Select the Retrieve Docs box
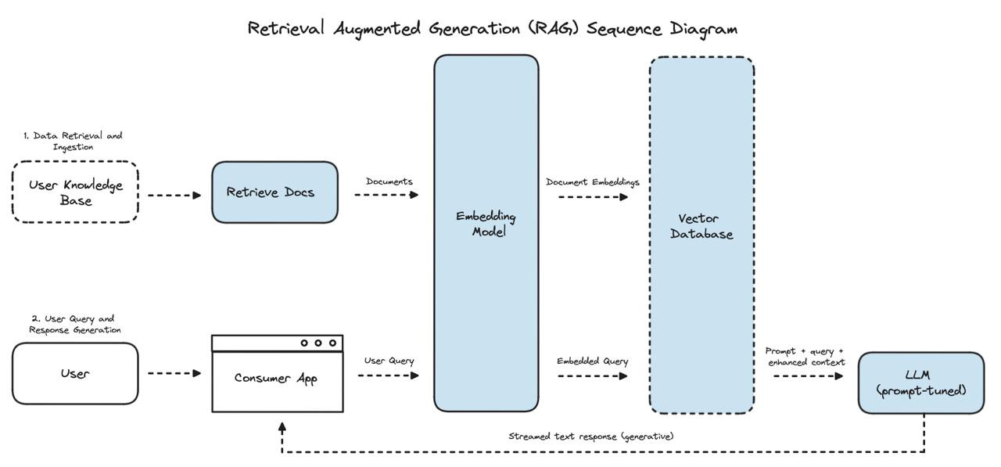click(274, 192)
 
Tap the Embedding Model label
click(486, 224)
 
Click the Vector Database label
click(701, 226)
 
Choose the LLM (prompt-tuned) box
click(921, 383)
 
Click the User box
click(75, 374)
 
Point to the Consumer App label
click(276, 379)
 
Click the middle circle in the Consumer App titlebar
click(318, 343)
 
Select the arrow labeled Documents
click(386, 195)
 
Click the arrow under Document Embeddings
click(593, 197)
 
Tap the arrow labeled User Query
click(389, 375)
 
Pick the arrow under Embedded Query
click(593, 376)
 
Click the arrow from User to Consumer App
click(174, 373)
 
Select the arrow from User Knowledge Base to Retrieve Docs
click(174, 196)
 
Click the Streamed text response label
click(591, 436)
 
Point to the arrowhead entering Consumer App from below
click(282, 427)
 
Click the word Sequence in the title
click(624, 30)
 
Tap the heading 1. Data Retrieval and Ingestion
click(73, 142)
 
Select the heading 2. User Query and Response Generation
click(74, 325)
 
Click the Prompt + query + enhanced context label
click(805, 357)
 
